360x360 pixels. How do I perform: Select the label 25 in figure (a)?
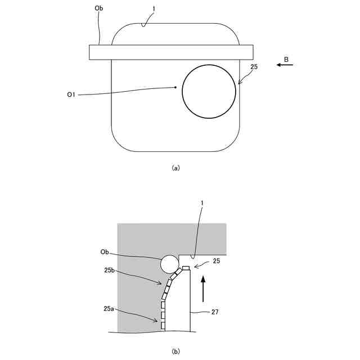pos(254,67)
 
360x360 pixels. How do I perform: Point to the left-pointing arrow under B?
pos(285,65)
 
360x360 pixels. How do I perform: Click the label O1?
pos(71,95)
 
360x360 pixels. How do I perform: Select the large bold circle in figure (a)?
pos(209,91)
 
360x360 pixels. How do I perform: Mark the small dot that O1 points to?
pos(176,87)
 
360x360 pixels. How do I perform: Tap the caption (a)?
pos(175,168)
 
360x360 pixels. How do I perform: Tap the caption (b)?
pos(175,352)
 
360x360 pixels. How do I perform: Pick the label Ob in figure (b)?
pos(105,253)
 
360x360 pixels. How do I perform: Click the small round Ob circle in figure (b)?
pos(169,263)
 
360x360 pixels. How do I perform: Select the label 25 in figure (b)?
pos(217,262)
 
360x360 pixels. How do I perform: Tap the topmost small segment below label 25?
pos(186,267)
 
